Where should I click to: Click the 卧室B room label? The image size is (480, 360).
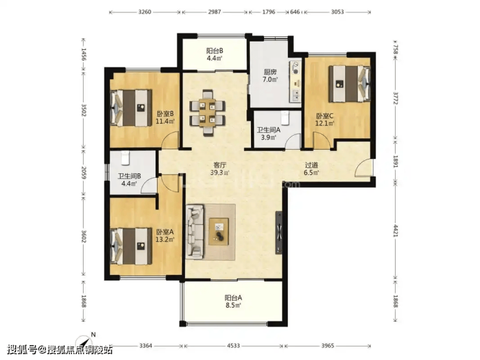165,114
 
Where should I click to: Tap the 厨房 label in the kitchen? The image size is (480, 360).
270,72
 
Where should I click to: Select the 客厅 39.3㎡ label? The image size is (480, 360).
220,169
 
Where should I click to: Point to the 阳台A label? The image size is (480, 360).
234,298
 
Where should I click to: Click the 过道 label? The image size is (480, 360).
311,165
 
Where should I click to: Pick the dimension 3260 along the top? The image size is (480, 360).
145,12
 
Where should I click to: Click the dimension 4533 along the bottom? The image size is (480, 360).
234,346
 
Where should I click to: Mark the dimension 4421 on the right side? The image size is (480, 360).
395,230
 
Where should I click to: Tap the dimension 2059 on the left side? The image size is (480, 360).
84,173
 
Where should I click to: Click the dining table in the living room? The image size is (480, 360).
208,113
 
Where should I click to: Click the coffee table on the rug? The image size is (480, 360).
219,232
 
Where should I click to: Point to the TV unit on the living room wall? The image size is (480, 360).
279,233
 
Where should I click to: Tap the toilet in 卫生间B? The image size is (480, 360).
125,158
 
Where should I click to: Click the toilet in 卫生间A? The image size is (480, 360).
285,118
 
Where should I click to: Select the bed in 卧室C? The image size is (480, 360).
349,84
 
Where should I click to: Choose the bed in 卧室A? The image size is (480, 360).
131,246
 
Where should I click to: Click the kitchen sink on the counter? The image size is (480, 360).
296,95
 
